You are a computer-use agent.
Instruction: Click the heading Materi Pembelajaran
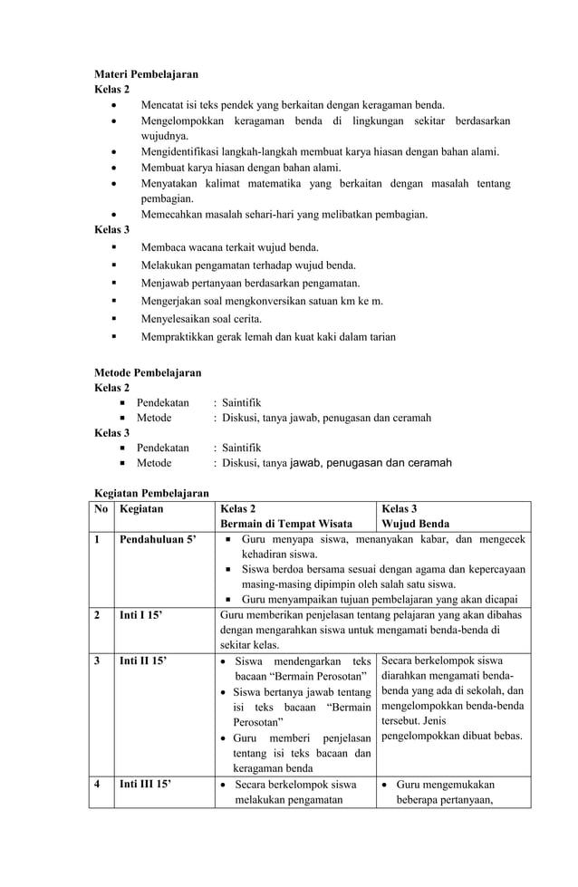tap(146, 73)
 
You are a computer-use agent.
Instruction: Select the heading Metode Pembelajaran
tap(148, 372)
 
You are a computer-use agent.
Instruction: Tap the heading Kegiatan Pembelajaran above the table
tap(151, 493)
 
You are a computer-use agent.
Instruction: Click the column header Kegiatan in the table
tap(141, 509)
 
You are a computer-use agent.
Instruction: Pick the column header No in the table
tap(102, 509)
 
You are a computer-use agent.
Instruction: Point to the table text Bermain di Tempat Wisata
tap(284, 525)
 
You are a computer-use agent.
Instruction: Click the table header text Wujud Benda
tap(416, 525)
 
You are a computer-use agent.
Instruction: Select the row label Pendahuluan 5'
tap(158, 540)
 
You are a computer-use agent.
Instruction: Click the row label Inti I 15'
tap(142, 615)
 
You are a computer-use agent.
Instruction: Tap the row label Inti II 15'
tap(144, 661)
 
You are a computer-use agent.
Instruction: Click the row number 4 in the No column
tap(98, 784)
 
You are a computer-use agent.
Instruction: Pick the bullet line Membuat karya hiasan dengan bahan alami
tap(241, 167)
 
